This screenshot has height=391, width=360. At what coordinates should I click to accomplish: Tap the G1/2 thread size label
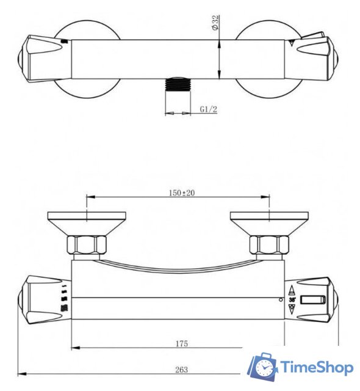(209, 110)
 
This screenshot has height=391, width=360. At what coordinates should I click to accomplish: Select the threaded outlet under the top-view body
(179, 86)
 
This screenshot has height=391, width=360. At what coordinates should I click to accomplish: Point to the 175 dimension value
(181, 344)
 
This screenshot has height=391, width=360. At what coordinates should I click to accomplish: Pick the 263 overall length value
(181, 370)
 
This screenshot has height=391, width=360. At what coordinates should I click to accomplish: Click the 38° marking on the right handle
(292, 300)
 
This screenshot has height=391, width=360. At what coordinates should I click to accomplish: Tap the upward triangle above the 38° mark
(292, 290)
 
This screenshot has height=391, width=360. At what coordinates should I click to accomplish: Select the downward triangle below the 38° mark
(292, 310)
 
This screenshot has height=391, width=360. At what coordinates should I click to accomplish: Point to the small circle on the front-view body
(280, 300)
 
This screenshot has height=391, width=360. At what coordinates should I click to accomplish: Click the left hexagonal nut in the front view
(87, 246)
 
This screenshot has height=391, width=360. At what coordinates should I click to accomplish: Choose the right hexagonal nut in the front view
(269, 246)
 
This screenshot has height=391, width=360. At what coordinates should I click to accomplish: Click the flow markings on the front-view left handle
(64, 299)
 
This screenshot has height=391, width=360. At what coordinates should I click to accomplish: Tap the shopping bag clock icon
(262, 367)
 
